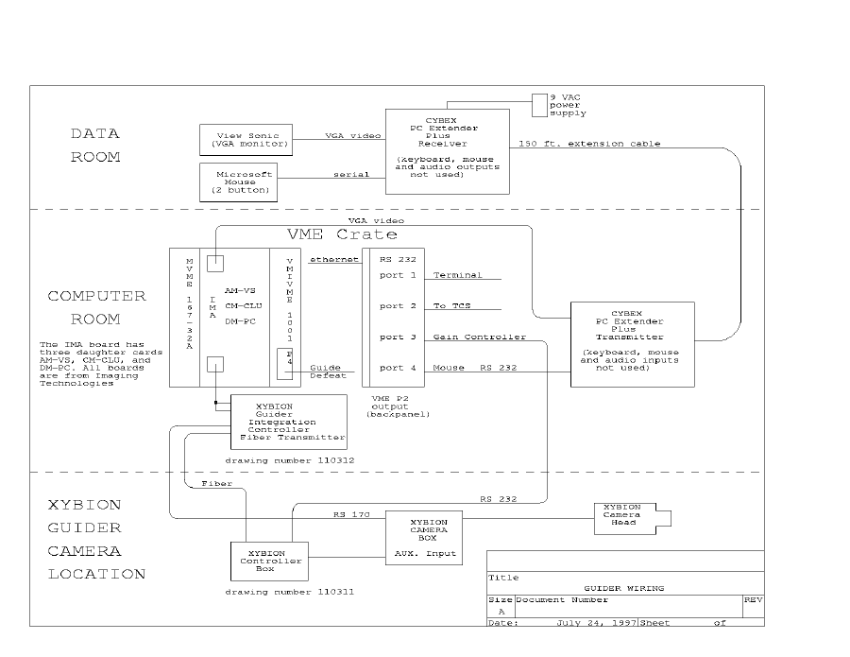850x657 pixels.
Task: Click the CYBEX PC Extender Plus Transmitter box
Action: [x=632, y=343]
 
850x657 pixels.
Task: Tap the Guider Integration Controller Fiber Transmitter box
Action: [x=289, y=422]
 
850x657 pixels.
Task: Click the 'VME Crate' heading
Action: [x=342, y=233]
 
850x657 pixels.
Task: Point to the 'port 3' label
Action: [x=398, y=337]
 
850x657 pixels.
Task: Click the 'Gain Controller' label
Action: [x=466, y=337]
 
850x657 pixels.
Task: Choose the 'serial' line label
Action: [x=350, y=175]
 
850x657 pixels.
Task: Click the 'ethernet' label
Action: [x=334, y=258]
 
